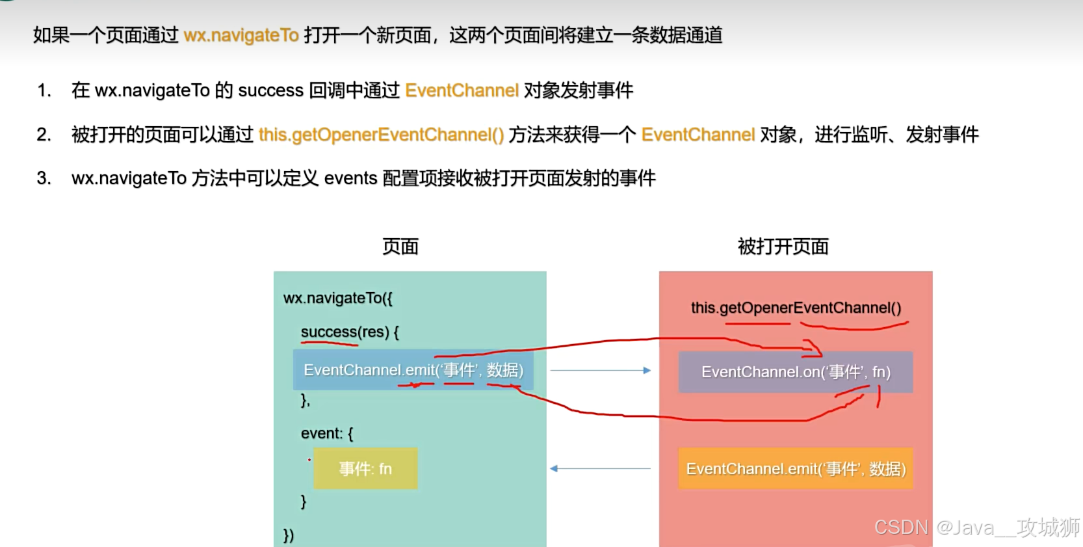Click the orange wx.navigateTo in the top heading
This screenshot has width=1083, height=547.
tap(241, 35)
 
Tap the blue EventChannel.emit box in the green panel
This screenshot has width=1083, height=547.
tap(413, 370)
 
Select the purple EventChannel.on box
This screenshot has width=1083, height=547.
tap(795, 372)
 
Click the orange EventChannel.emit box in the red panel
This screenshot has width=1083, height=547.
tap(795, 469)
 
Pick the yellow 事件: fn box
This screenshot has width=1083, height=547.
tap(365, 469)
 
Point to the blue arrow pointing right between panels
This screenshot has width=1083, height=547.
tap(600, 370)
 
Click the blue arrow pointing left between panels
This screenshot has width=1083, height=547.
tap(600, 468)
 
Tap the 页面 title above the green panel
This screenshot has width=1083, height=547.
tap(400, 247)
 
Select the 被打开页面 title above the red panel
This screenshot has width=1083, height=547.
tap(783, 247)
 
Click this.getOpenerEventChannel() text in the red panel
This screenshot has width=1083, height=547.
tap(796, 308)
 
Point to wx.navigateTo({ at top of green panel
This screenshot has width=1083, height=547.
tap(338, 298)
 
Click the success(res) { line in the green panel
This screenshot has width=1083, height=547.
tap(350, 332)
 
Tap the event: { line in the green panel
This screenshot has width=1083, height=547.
tap(327, 433)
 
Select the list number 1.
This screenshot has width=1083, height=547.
tap(44, 90)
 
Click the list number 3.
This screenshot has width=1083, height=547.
tap(44, 178)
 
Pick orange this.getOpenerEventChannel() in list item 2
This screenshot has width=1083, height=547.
tap(381, 135)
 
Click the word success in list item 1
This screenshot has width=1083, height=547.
tap(270, 90)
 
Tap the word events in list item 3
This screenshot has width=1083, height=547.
tap(350, 178)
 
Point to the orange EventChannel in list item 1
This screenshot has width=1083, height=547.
tap(462, 90)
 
